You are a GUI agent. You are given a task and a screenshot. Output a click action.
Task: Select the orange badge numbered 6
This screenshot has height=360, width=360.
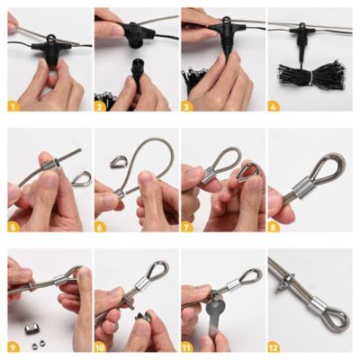[x=100, y=226]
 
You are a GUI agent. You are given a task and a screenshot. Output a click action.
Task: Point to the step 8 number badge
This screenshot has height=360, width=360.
[x=274, y=226]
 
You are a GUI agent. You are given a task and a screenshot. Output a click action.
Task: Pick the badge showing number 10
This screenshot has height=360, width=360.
[x=100, y=346]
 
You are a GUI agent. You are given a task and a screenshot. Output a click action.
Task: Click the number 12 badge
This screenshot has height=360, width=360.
[x=274, y=346]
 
